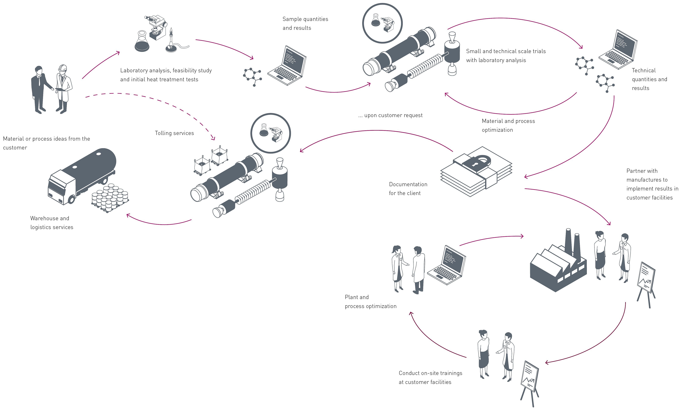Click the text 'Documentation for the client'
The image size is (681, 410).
coord(408,188)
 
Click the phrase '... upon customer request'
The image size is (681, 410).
coord(390,115)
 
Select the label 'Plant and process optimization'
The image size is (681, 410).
coord(370,301)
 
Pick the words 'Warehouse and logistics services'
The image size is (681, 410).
coord(52,223)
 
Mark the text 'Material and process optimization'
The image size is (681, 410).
coord(508,125)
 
